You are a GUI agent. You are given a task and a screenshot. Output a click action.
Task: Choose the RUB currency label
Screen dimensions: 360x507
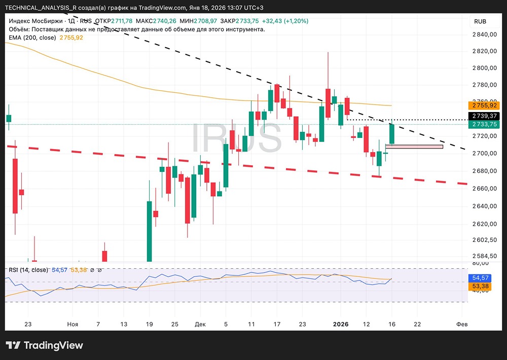coord(480,21)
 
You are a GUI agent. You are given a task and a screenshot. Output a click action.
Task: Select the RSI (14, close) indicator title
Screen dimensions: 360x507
coord(28,270)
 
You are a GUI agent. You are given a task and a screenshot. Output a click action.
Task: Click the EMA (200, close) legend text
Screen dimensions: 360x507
coord(32,38)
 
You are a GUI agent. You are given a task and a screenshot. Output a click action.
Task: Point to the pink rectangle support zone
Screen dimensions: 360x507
coord(414,147)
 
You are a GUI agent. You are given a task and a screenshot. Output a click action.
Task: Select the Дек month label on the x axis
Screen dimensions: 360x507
coord(200,324)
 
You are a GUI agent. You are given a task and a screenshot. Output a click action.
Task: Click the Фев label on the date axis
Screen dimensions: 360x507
coord(461,324)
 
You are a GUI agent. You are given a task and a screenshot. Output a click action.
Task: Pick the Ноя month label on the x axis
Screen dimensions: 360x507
coord(73,324)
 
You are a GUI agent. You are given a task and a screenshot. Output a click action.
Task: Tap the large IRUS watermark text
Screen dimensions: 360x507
coord(236,138)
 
